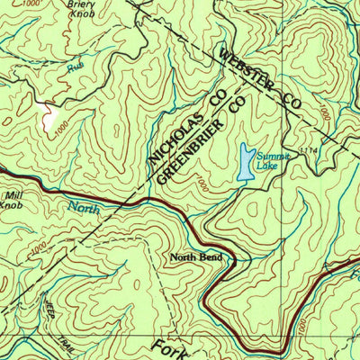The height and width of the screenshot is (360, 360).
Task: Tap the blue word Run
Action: [x=75, y=67]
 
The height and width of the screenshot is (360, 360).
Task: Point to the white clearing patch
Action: [x=50, y=116]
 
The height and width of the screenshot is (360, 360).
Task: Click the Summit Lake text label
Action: [x=268, y=159]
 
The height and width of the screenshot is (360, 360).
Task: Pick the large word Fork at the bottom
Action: [x=166, y=346]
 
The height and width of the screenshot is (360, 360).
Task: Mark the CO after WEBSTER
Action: [x=287, y=96]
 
